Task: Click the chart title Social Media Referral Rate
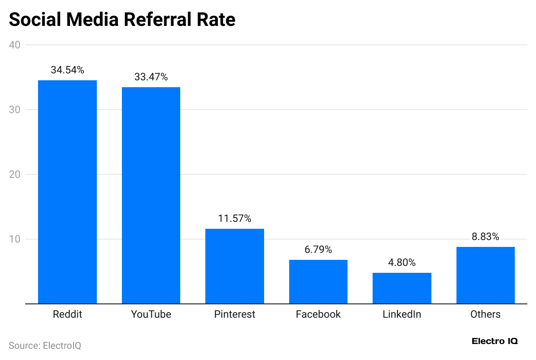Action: click(x=122, y=20)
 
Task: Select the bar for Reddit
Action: click(x=67, y=192)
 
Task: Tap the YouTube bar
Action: click(x=151, y=196)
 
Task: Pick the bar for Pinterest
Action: click(x=235, y=266)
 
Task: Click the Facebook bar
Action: click(x=318, y=282)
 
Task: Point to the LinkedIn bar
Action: click(x=402, y=288)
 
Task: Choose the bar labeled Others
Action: click(x=485, y=275)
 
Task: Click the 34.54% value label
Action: click(x=67, y=70)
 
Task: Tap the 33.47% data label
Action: click(x=151, y=77)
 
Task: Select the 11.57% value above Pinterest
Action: click(x=235, y=218)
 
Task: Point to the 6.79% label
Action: click(x=318, y=249)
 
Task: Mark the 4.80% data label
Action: click(x=402, y=262)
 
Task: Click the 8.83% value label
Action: click(x=485, y=237)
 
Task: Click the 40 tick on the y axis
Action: click(x=16, y=45)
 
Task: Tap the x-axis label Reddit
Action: click(x=67, y=314)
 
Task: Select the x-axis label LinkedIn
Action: click(x=402, y=314)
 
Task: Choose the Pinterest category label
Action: click(x=235, y=314)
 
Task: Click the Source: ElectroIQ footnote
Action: click(x=45, y=346)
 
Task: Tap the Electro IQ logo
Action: click(x=495, y=341)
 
